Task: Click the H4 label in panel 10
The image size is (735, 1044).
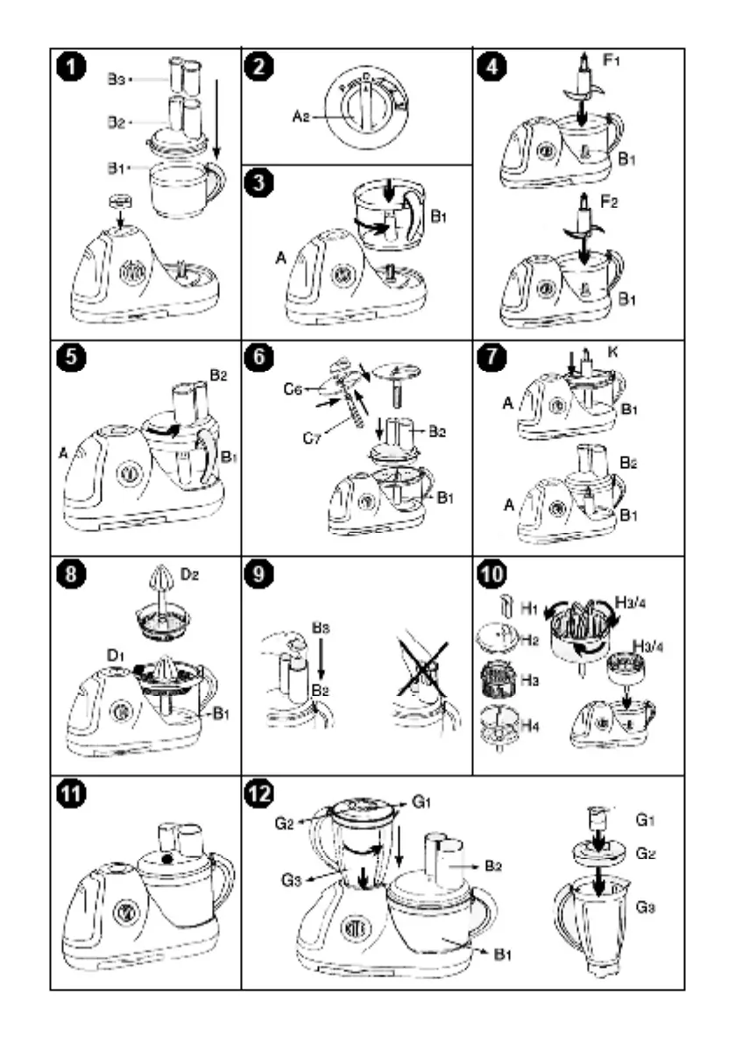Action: [x=528, y=727]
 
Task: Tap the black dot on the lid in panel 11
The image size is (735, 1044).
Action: [x=165, y=859]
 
